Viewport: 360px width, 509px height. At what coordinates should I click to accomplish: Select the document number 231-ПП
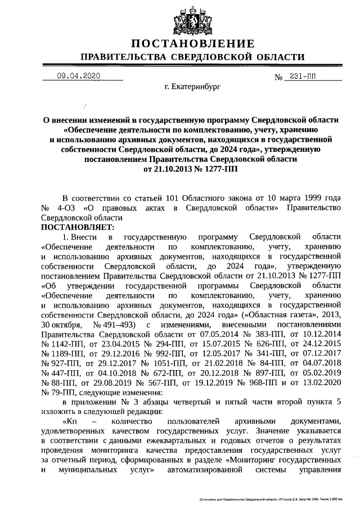[302, 76]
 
